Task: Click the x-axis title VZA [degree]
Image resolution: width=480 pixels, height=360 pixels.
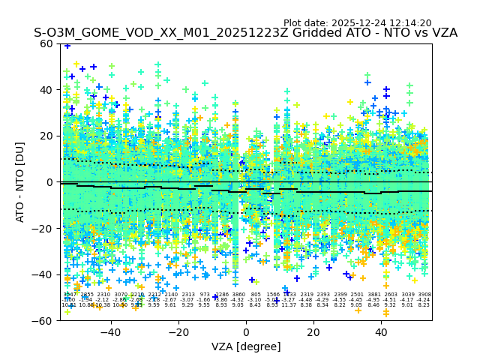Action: (246, 346)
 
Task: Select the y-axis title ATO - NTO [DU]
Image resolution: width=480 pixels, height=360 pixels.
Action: (20, 182)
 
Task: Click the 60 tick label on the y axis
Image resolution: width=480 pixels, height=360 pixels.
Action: (47, 43)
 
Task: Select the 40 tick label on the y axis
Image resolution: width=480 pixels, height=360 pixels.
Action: (47, 90)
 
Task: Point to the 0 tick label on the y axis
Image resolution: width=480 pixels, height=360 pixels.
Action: (50, 182)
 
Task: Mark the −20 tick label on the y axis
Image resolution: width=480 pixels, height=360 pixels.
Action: (44, 229)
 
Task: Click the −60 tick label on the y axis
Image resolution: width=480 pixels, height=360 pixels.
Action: (44, 320)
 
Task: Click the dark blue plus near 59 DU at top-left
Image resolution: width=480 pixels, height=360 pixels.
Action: (67, 46)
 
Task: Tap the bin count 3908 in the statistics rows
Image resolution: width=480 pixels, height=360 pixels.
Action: (424, 295)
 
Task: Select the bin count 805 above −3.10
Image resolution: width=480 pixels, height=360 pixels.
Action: (256, 295)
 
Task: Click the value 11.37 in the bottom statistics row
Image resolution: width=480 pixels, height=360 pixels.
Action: (289, 305)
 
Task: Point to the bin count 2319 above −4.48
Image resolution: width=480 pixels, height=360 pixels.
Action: (307, 295)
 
